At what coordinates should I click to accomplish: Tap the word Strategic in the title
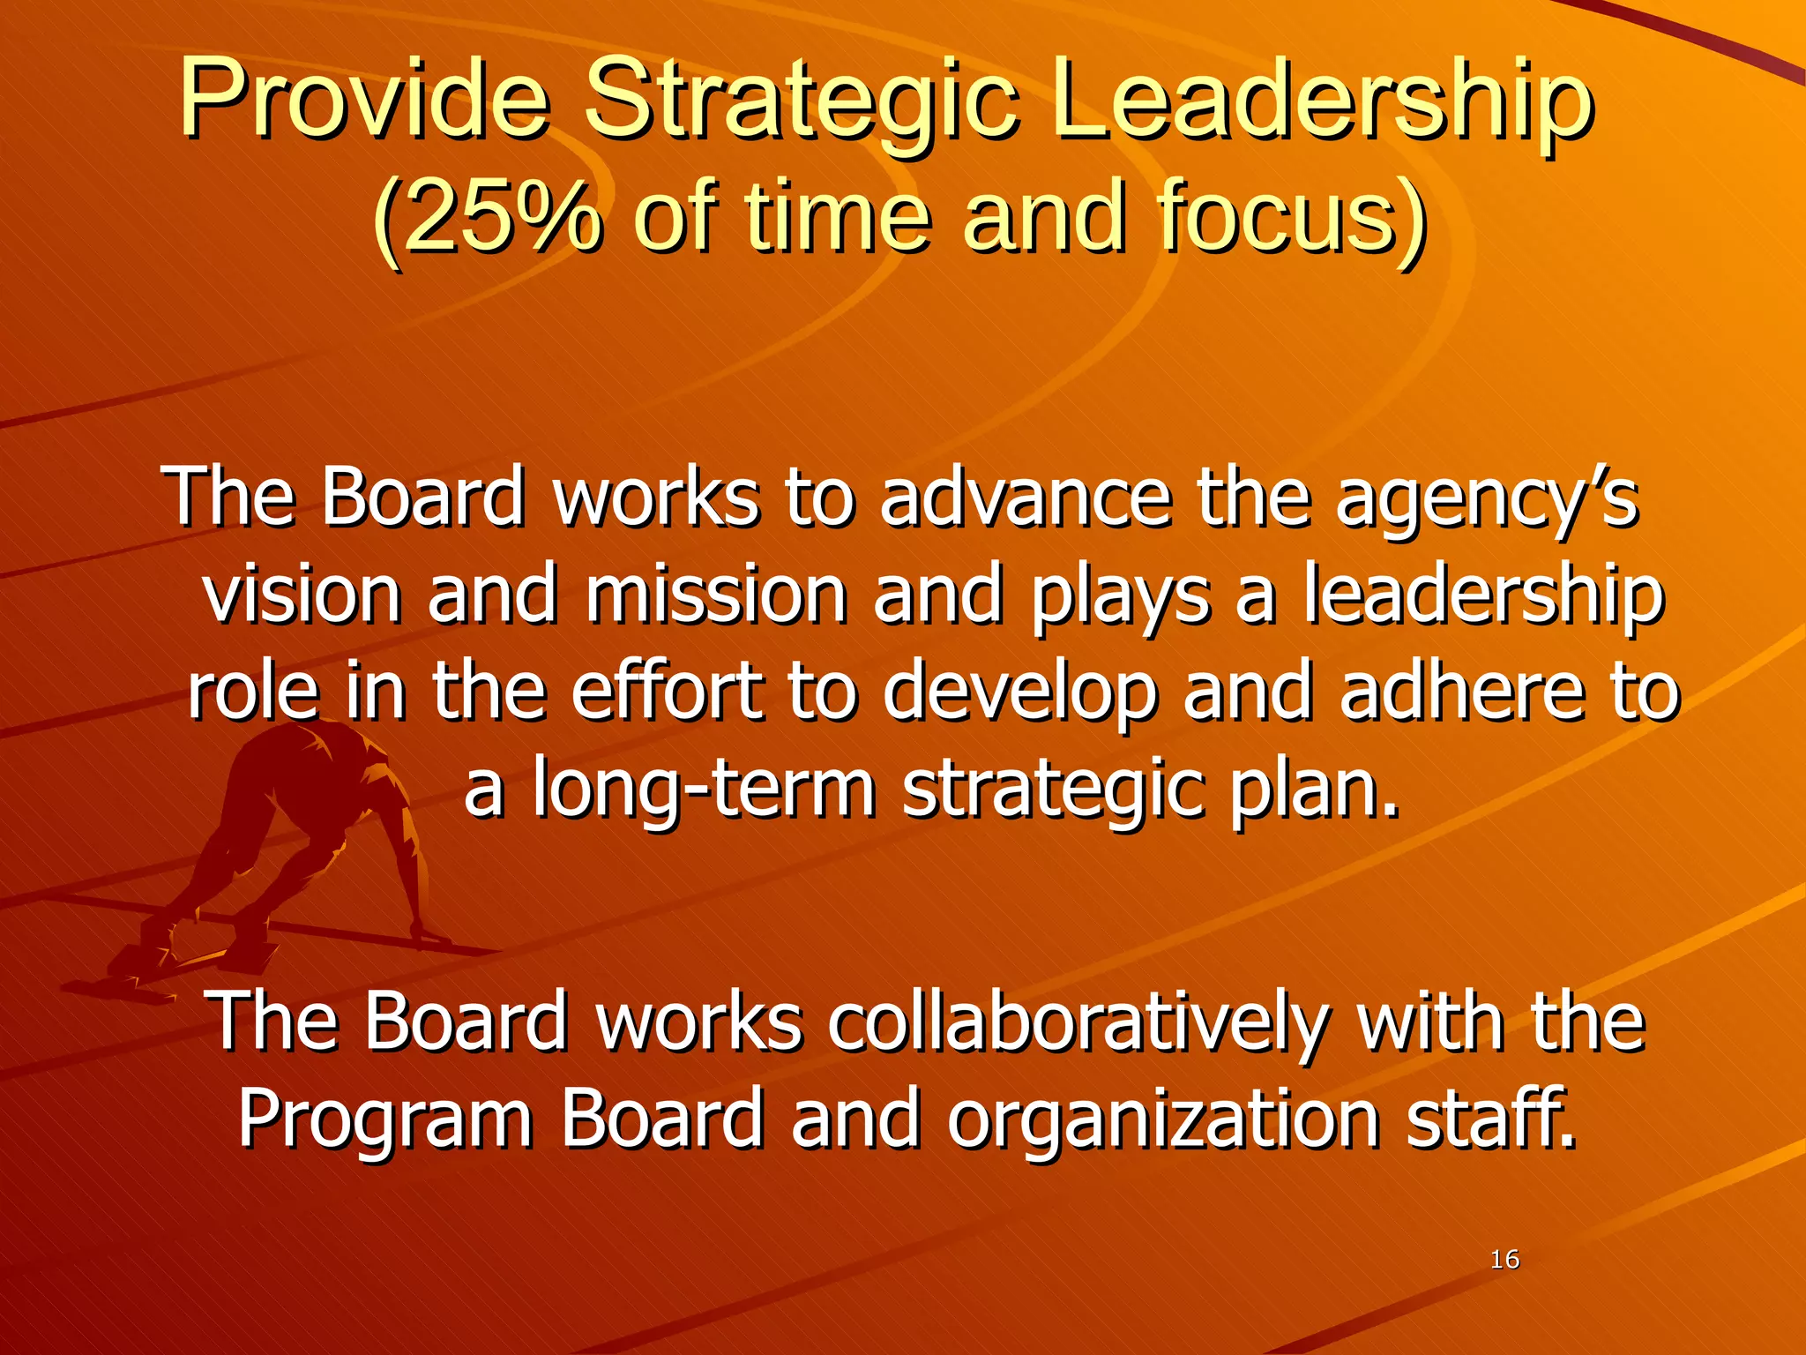[801, 101]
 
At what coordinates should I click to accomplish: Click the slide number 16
[1504, 1260]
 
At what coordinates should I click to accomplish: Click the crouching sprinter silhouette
[291, 847]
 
